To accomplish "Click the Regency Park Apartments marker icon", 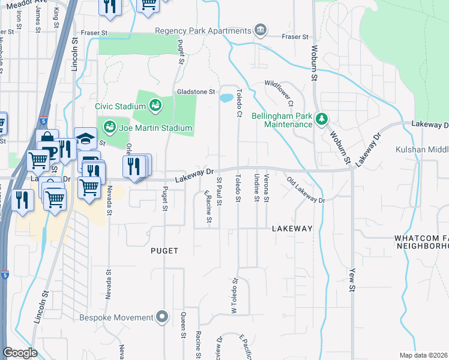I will (260, 30).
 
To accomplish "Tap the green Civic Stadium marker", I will (154, 106).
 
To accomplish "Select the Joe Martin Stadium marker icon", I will (109, 127).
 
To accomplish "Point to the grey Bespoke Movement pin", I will (161, 316).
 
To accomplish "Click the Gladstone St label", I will (196, 92).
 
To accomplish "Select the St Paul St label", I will (220, 191).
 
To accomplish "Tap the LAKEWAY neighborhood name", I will (292, 229).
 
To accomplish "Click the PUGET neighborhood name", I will (164, 251).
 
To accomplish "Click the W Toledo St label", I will (235, 295).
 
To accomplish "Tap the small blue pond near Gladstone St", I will (226, 98).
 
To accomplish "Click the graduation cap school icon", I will (85, 138).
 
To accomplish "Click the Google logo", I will (20, 353).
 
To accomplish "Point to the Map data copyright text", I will (423, 355).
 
